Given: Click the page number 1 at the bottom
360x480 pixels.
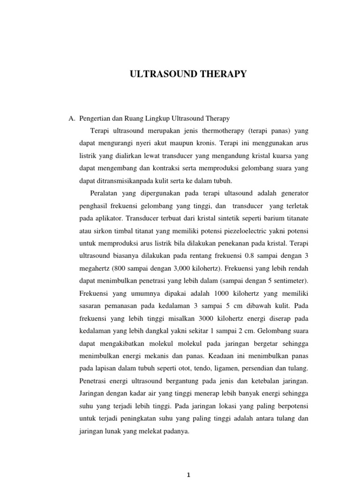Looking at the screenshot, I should tap(188, 474).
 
